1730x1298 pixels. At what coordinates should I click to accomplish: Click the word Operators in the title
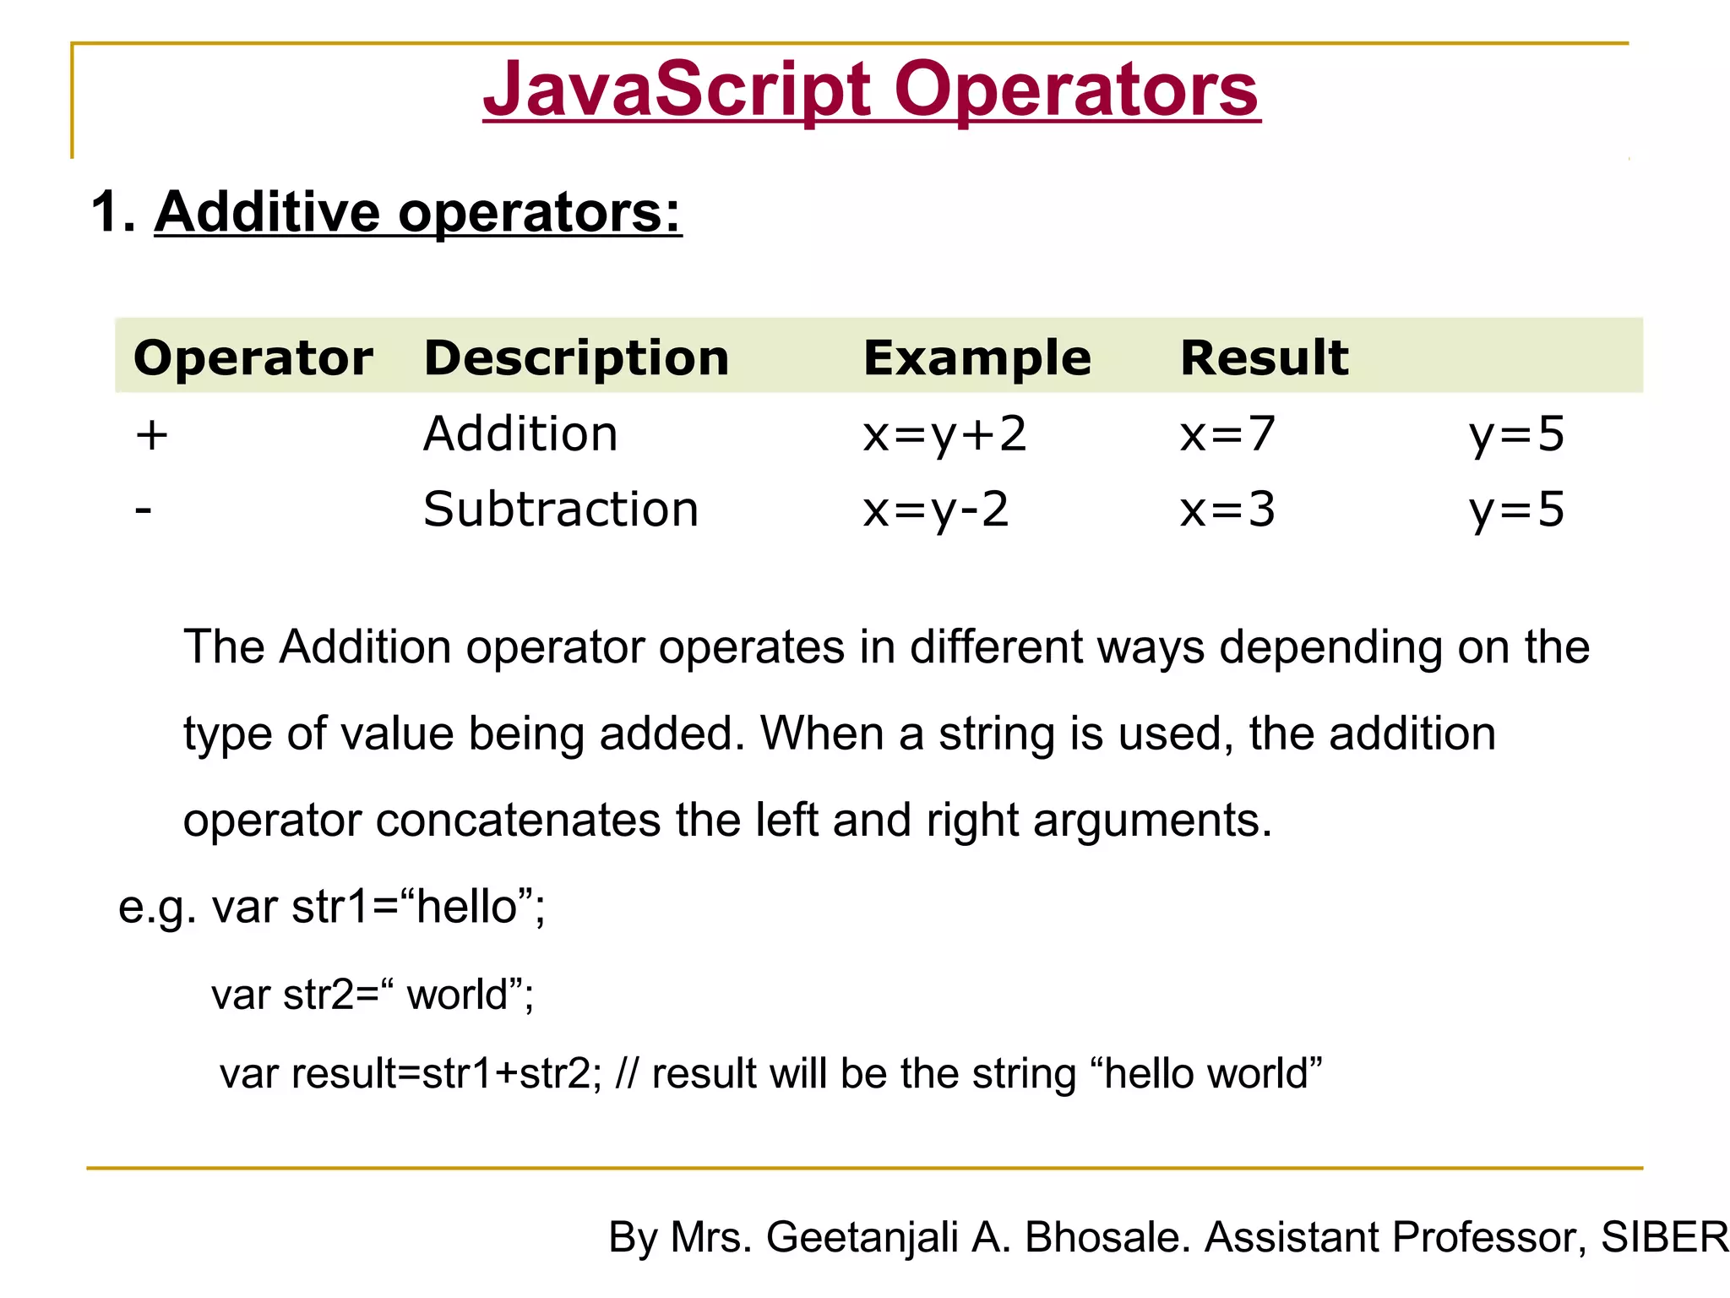click(1076, 90)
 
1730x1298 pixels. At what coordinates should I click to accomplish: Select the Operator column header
click(253, 357)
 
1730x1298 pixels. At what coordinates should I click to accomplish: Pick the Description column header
click(576, 357)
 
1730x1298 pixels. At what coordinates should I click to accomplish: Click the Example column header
click(977, 357)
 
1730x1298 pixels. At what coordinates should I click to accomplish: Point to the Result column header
click(1264, 357)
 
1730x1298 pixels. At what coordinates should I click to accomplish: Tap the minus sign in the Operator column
click(144, 510)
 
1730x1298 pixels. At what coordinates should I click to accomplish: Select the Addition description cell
click(520, 434)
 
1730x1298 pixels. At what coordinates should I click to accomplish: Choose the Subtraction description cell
click(561, 510)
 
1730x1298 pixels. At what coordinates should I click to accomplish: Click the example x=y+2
click(944, 435)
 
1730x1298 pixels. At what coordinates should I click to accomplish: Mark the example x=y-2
click(936, 510)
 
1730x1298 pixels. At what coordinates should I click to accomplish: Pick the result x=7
click(1227, 435)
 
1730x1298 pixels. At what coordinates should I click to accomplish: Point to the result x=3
click(1227, 510)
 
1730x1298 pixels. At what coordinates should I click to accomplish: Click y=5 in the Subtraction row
click(1516, 510)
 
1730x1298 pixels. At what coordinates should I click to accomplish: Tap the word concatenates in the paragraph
click(518, 820)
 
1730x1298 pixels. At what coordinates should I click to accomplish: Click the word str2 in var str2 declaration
click(318, 995)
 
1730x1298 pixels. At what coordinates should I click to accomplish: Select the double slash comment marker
click(628, 1074)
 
